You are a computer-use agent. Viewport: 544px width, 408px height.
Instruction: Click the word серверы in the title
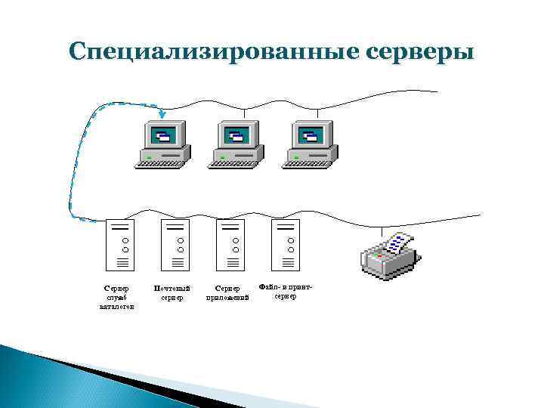(x=421, y=51)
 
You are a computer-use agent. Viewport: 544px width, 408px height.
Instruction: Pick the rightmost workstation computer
(x=310, y=144)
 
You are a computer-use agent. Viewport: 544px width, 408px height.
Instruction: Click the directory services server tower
(x=121, y=246)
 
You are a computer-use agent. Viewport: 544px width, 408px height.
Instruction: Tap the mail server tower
(x=176, y=246)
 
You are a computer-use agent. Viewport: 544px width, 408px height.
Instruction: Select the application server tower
(x=231, y=246)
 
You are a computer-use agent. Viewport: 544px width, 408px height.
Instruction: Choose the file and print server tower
(x=286, y=246)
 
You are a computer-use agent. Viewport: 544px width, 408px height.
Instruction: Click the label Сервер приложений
(x=227, y=292)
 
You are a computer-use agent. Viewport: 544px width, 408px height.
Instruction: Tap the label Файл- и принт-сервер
(x=285, y=291)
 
